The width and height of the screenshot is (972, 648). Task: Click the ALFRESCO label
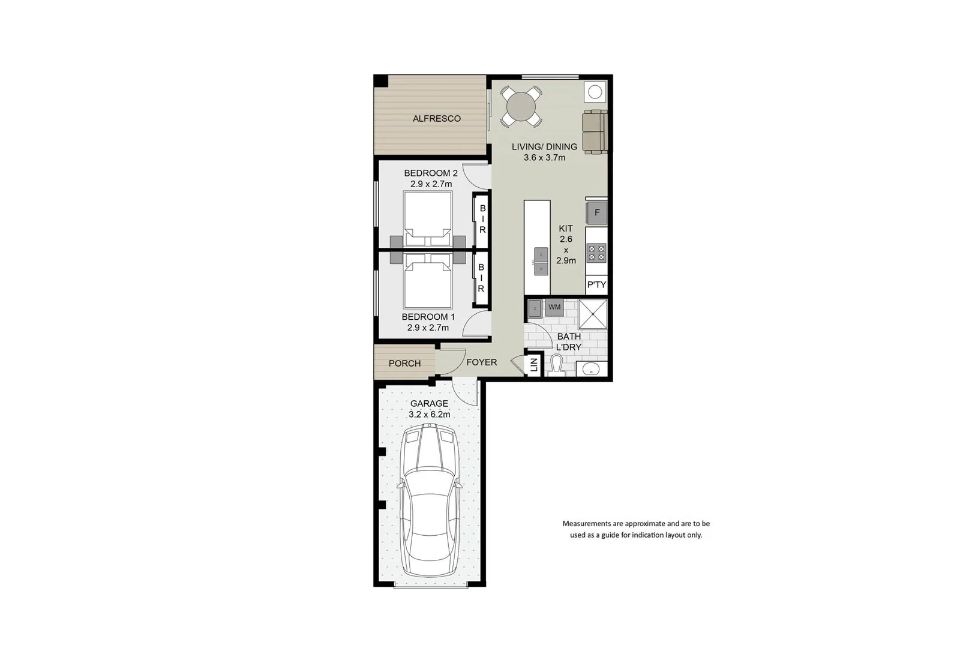436,119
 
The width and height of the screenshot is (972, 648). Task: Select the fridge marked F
596,212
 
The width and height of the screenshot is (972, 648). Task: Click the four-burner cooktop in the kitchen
596,253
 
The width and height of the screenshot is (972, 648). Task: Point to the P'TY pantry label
596,285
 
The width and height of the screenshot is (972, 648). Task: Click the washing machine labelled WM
554,307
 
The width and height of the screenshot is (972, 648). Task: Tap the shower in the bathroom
593,314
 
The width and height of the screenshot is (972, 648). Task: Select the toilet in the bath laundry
556,365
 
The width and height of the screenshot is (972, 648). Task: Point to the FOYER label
481,362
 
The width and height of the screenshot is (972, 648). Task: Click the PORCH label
404,364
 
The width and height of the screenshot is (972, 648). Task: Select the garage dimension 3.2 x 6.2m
430,415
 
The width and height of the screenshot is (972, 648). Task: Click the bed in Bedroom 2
428,217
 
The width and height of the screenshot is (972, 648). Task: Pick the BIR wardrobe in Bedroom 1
481,278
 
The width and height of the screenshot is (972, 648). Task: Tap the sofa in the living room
595,131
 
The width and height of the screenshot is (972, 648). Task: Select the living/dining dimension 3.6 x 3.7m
544,158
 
